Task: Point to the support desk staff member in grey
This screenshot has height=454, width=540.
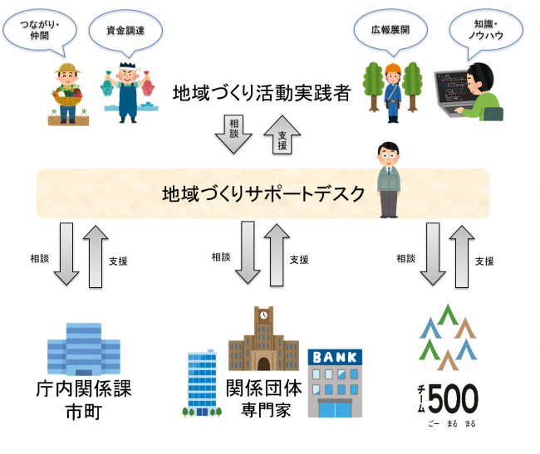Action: pyautogui.click(x=387, y=179)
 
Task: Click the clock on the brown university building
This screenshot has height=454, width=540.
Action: pyautogui.click(x=263, y=315)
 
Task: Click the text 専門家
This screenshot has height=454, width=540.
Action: pyautogui.click(x=262, y=409)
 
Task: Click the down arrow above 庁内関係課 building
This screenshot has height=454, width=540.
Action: pyautogui.click(x=66, y=253)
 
